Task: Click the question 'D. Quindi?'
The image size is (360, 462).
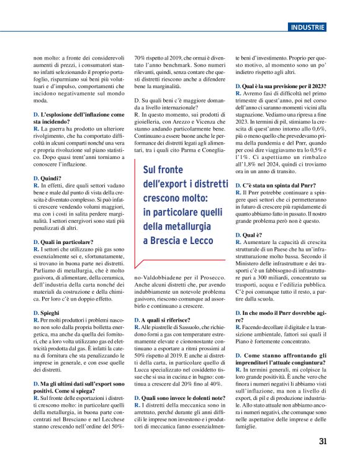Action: [x=47, y=178]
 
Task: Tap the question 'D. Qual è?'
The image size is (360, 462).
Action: [x=251, y=235]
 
